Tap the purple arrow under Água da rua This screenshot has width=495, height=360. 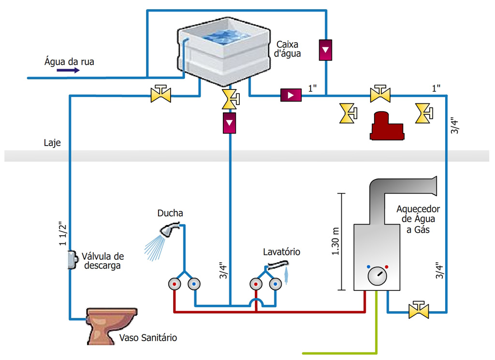coord(68,70)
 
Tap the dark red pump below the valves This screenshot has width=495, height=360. coord(386,127)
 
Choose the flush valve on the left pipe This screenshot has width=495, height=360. coord(72,260)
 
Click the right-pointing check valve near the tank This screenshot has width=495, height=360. coord(291,95)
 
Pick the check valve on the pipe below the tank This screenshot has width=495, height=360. coord(230,123)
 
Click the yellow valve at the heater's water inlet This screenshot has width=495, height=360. coord(419,310)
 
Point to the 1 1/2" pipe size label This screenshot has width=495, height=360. coord(62,234)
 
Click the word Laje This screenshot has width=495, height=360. coord(52,143)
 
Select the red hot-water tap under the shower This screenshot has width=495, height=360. coord(173,284)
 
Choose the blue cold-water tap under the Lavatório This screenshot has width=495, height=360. coord(276,284)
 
